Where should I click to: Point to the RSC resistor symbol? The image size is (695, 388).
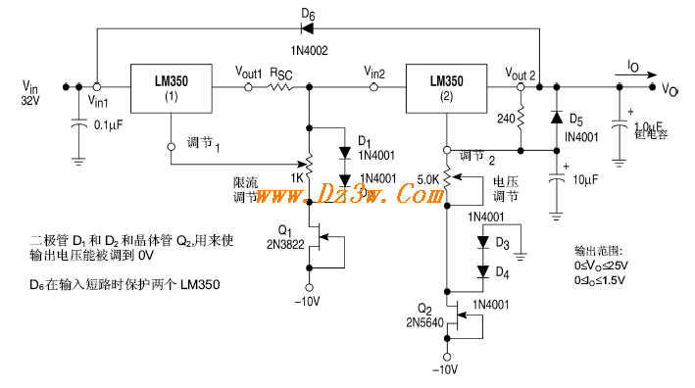281,86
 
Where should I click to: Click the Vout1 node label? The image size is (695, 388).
249,73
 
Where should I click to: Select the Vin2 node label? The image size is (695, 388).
373,73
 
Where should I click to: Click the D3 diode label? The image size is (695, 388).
503,242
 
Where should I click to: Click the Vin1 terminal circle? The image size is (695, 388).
96,86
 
